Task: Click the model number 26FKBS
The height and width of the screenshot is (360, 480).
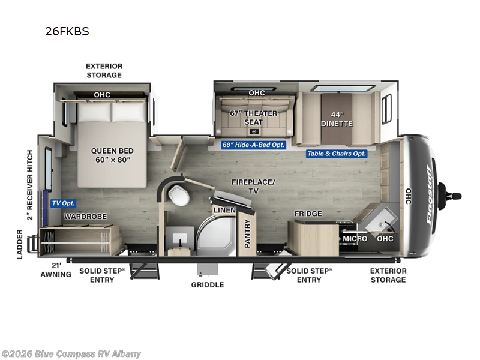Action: coord(67,31)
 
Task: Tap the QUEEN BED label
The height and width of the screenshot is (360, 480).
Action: coord(112,155)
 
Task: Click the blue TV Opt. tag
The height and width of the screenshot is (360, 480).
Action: coord(64,203)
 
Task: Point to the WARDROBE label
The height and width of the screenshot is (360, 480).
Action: coord(85,217)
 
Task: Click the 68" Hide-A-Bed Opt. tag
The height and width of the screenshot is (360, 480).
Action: coord(253,145)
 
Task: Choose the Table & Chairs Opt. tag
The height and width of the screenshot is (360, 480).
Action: coord(337,154)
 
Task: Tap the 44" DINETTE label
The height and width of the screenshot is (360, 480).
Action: coord(337,119)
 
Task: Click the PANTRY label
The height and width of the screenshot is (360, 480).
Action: coord(247,233)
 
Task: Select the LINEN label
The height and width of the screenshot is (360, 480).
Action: coord(224,210)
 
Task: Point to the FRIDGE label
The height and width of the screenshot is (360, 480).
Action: coord(308,214)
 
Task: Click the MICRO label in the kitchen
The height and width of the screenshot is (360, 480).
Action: coord(355,238)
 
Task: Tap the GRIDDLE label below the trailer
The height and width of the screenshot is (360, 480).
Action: coord(208,284)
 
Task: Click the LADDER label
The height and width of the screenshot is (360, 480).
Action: coord(20,244)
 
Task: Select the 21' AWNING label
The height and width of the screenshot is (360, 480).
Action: coord(56,270)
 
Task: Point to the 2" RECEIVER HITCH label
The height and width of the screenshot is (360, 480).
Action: coord(29,185)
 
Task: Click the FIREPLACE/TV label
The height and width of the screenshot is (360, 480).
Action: coord(253,187)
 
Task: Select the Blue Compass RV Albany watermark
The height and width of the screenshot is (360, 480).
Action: coord(71,354)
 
